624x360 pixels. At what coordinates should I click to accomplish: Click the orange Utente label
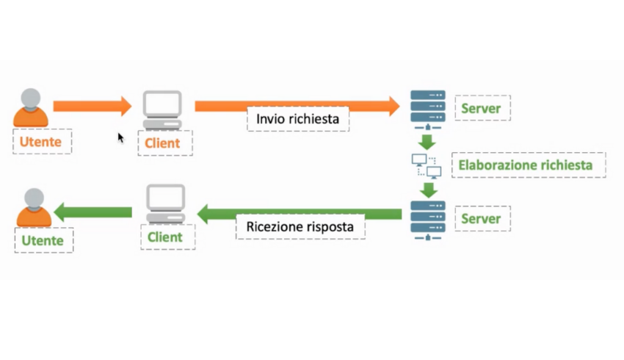42,142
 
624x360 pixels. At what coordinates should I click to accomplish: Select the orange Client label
162,143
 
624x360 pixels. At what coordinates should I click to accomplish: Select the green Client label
164,237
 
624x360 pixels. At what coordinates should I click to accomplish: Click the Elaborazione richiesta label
525,165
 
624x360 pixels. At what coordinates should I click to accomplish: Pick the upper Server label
481,109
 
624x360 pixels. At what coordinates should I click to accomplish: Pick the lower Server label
481,218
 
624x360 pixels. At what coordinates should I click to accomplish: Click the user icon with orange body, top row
31,107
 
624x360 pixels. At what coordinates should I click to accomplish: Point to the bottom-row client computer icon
165,205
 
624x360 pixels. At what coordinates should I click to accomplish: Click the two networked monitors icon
427,166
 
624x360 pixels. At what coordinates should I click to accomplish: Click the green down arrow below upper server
427,141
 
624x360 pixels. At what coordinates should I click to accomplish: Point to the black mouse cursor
120,138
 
